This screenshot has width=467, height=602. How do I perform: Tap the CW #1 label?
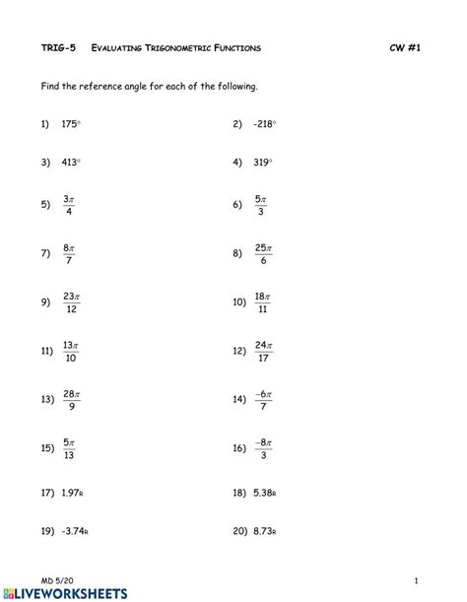click(x=404, y=47)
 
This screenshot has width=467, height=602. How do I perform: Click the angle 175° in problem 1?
click(x=70, y=124)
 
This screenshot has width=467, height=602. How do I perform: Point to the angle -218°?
click(x=263, y=124)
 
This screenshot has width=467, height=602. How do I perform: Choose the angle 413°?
click(x=70, y=164)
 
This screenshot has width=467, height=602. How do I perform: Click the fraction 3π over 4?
click(x=68, y=204)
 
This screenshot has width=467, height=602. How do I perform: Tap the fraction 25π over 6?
click(x=262, y=253)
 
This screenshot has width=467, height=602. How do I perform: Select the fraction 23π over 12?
click(x=70, y=302)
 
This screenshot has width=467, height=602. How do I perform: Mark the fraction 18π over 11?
click(x=262, y=302)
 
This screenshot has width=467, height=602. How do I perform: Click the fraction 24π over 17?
click(x=262, y=350)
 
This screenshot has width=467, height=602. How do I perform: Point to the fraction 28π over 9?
click(x=70, y=399)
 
